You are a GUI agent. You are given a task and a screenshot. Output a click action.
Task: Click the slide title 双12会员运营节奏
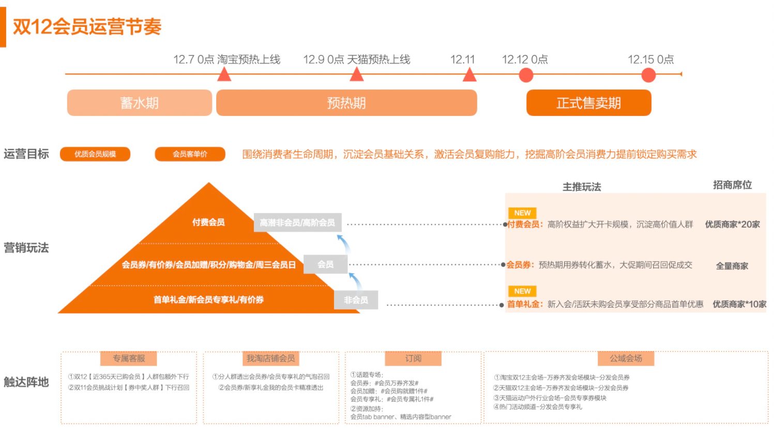pos(87,26)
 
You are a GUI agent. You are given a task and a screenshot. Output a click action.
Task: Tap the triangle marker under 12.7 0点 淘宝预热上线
pos(224,75)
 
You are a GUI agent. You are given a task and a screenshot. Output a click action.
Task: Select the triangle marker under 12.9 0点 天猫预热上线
pos(357,75)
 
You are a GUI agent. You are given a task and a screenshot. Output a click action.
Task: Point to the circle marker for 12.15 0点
pos(648,75)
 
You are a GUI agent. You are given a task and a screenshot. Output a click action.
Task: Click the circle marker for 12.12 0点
pos(526,75)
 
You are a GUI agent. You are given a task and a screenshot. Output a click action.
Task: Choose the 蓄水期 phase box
pos(140,103)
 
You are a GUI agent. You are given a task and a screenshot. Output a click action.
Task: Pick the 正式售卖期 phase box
pos(588,103)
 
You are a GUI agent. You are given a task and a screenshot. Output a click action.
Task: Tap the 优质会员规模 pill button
pos(95,154)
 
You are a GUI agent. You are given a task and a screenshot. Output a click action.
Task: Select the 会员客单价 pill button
pos(190,154)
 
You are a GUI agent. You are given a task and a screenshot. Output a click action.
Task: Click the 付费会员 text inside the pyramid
pos(208,223)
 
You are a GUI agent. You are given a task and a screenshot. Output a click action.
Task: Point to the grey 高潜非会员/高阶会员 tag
pos(297,223)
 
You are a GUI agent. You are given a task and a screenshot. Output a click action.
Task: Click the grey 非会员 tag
pos(356,300)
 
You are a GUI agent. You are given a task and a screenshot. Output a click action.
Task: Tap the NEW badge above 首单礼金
pos(522,291)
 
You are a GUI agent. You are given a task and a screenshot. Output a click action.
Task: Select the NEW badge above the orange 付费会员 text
pos(522,213)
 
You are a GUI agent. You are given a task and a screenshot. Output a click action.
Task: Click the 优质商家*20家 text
pos(732,225)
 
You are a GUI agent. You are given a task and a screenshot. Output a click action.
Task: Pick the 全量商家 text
pos(732,266)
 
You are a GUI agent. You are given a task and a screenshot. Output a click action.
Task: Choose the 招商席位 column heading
pos(732,185)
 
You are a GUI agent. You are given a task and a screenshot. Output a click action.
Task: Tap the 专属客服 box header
pos(129,358)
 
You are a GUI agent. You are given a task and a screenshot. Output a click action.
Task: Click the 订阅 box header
pos(413,358)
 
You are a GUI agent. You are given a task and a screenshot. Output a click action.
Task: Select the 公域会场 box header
pos(626,358)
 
